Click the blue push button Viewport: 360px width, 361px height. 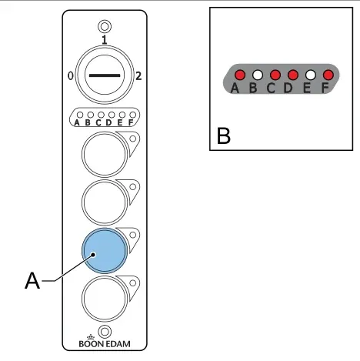coord(105,250)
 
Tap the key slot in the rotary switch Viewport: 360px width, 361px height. coord(105,75)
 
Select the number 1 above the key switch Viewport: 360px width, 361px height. coord(104,40)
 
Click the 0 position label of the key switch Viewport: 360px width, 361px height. coord(71,76)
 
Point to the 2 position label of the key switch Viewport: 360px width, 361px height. coord(138,76)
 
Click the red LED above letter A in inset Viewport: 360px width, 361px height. coord(240,75)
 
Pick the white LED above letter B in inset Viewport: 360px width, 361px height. coord(258,75)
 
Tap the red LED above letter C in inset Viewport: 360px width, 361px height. coord(275,75)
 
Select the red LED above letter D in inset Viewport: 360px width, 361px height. coord(293,75)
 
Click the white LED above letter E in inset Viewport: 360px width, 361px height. coord(311,75)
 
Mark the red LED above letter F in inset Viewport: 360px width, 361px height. coord(328,75)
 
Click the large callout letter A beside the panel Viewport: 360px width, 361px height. coord(32,281)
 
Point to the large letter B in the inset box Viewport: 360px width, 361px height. coord(224,135)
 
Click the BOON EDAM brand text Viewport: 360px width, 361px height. coord(105,344)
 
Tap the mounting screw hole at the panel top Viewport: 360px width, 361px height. coord(105,26)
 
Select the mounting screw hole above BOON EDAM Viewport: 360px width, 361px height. coord(105,332)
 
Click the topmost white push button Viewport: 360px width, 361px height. coord(105,154)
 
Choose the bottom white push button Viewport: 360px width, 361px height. coord(105,299)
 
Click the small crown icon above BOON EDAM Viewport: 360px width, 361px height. coord(91,337)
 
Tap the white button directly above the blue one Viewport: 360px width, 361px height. coord(105,202)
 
